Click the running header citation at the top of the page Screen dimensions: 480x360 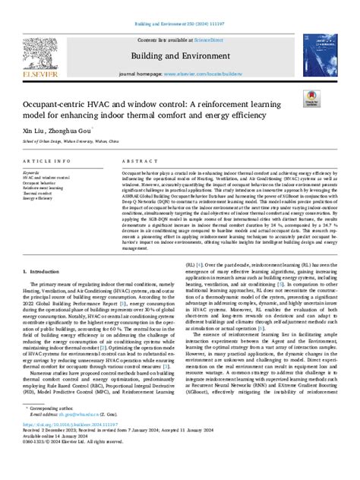180,5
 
